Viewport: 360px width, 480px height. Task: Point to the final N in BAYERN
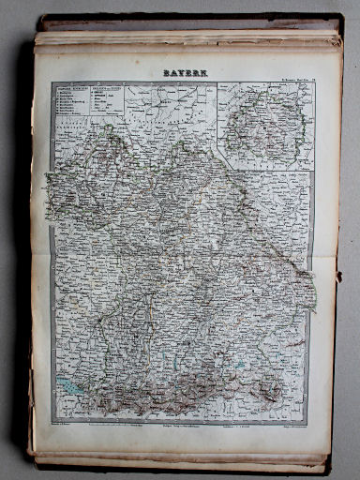click(x=204, y=71)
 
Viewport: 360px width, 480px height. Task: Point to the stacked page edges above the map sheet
click(x=187, y=37)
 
